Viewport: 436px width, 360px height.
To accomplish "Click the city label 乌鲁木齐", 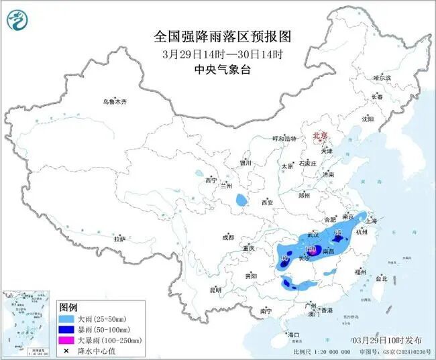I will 114,102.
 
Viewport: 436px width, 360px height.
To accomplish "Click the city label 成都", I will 228,237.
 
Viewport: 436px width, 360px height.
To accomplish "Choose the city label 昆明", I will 215,290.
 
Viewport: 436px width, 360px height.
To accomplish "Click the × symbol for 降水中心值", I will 66,351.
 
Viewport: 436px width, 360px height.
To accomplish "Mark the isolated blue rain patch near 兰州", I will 240,200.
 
